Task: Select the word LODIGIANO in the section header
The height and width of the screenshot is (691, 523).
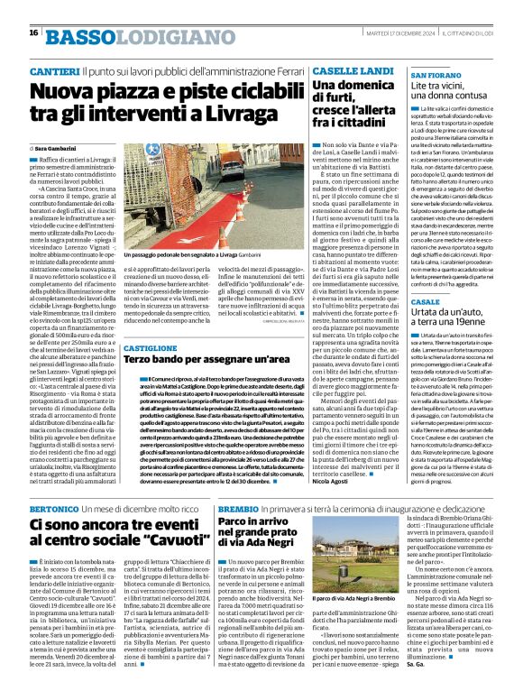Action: point(160,36)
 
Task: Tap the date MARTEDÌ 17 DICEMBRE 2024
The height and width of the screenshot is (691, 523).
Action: point(398,33)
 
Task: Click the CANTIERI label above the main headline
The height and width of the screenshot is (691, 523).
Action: point(54,69)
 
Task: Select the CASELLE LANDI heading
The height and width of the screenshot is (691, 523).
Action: point(353,70)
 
